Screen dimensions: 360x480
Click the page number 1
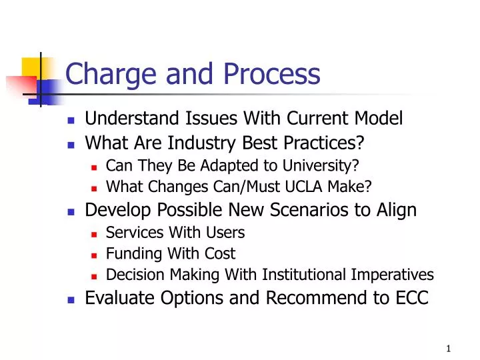tap(449, 349)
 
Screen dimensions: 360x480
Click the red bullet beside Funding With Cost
tap(94, 255)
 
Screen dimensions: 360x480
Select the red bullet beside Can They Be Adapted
tap(94, 165)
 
